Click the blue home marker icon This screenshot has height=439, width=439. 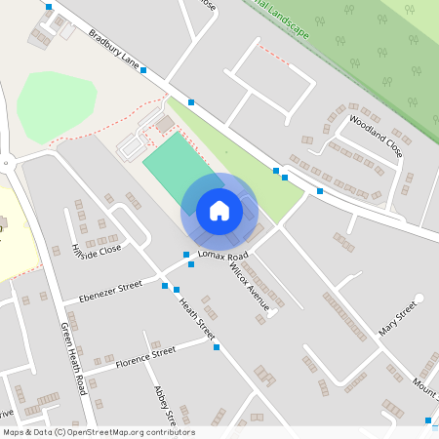point(219,210)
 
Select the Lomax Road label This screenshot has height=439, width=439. point(223,256)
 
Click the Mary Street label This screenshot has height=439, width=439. point(398,319)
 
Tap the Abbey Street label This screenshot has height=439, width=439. point(163,405)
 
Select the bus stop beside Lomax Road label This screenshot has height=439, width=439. point(186,256)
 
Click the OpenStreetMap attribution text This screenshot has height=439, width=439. point(99,432)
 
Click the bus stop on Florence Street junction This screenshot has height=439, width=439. point(217,347)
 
